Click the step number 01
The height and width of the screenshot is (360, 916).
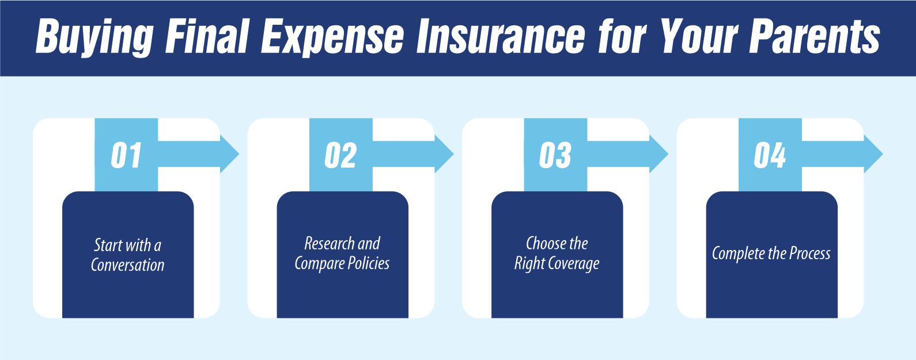tap(126, 156)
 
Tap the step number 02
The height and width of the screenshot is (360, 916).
tap(340, 156)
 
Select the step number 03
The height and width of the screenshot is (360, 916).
tap(555, 156)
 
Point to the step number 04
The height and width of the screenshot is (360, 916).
tap(770, 156)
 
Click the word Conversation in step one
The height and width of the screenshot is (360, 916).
tap(128, 265)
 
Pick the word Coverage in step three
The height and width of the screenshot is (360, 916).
tap(573, 264)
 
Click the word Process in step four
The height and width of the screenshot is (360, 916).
tap(809, 253)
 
